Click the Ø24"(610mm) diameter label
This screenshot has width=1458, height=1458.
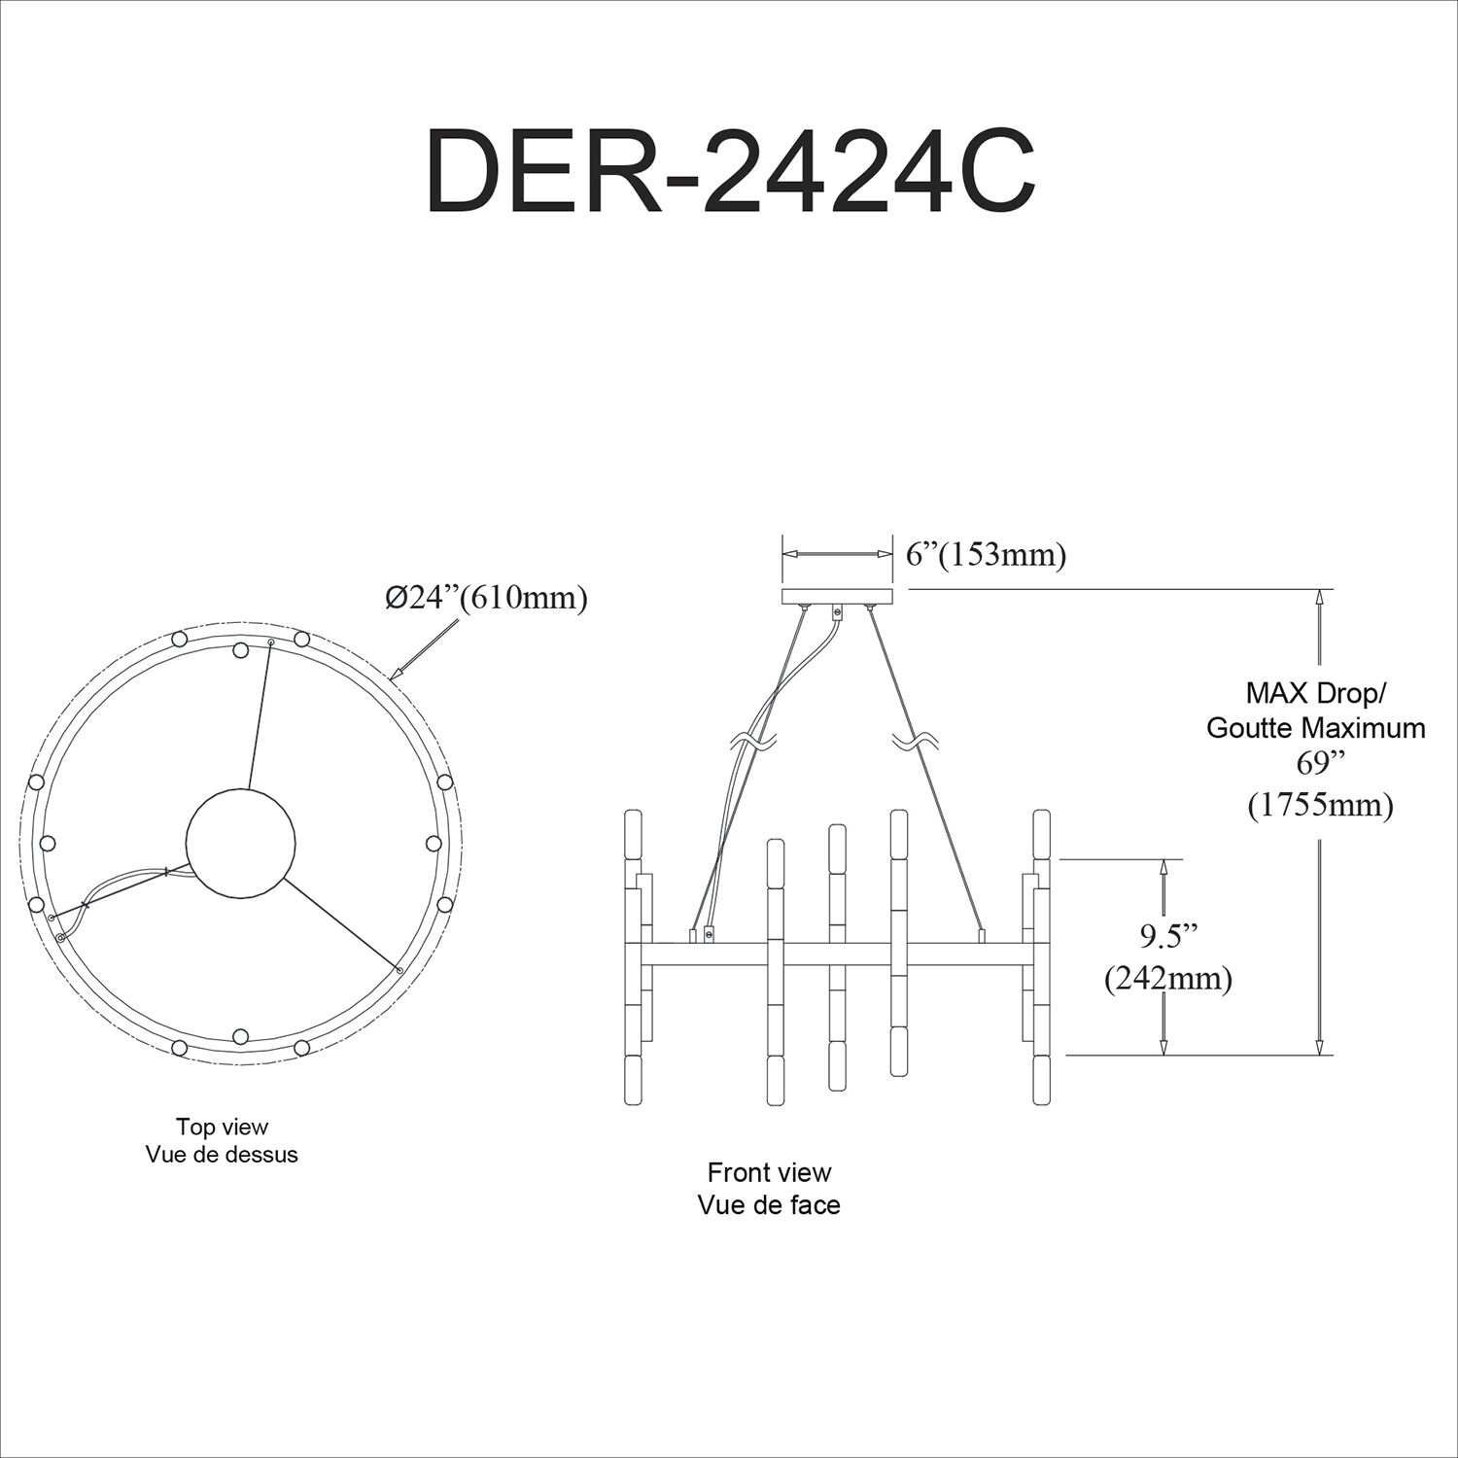pyautogui.click(x=486, y=598)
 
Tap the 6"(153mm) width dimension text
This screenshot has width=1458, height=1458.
pyautogui.click(x=986, y=555)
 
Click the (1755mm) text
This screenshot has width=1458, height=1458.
pyautogui.click(x=1321, y=804)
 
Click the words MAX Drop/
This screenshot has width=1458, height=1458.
pyautogui.click(x=1316, y=694)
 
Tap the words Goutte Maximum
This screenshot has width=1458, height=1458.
pyautogui.click(x=1316, y=728)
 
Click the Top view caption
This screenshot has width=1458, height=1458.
pyautogui.click(x=222, y=1127)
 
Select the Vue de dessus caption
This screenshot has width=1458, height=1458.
pyautogui.click(x=222, y=1155)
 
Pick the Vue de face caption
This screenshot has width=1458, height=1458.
pyautogui.click(x=769, y=1205)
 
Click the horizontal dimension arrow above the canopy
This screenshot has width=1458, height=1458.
pyautogui.click(x=837, y=554)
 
